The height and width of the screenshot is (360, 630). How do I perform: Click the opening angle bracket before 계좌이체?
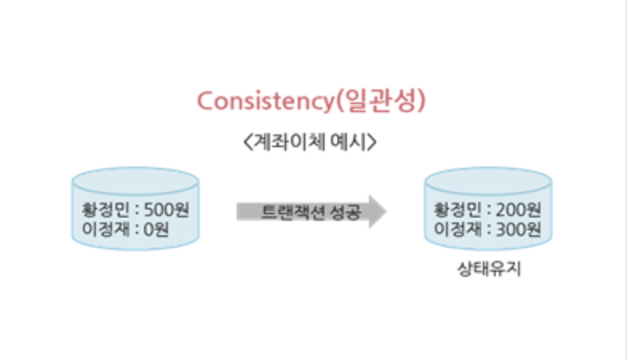coord(245,144)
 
